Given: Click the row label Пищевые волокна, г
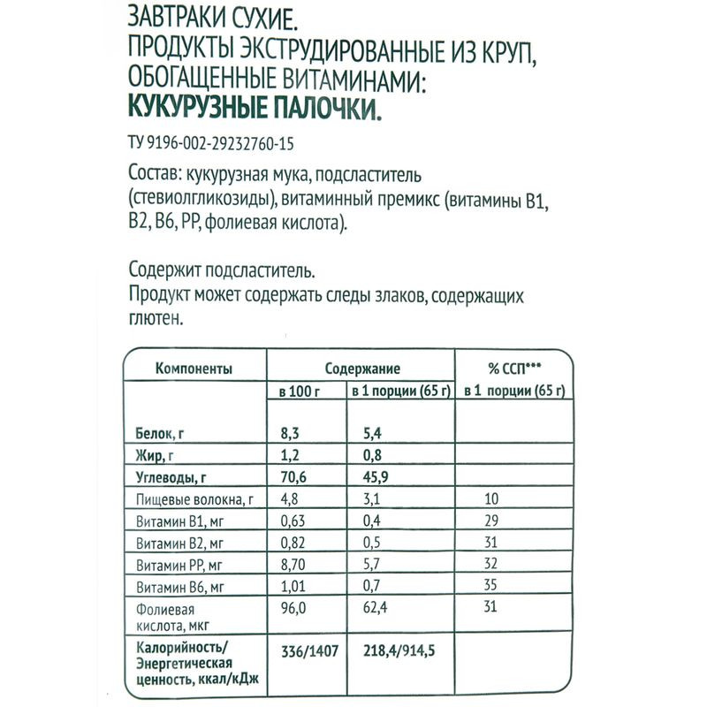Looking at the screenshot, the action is coord(194,501).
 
